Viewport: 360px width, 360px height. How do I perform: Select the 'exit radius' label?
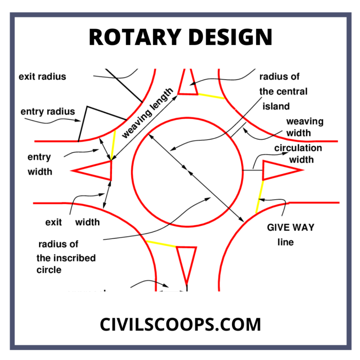[x=42, y=76]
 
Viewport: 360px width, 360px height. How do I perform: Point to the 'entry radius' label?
[x=47, y=112]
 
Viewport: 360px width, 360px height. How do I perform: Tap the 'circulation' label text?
[x=298, y=148]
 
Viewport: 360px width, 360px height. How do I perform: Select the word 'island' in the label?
[x=277, y=106]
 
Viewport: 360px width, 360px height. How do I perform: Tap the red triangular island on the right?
[x=276, y=170]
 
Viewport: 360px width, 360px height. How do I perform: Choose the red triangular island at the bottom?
[x=186, y=261]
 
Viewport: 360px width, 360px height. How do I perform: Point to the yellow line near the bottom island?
[x=160, y=244]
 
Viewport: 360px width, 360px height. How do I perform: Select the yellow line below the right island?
[x=259, y=197]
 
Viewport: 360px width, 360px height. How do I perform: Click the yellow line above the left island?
[x=113, y=145]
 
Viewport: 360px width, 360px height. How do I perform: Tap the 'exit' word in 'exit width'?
[x=53, y=222]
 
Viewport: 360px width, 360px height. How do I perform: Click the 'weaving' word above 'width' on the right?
[x=305, y=122]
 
